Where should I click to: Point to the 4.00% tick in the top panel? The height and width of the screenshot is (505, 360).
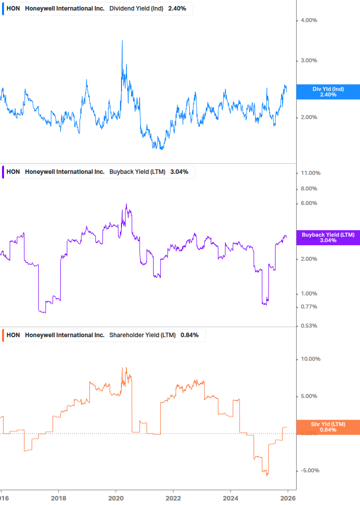(x=309, y=21)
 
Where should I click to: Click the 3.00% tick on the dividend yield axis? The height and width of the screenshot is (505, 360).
(x=309, y=61)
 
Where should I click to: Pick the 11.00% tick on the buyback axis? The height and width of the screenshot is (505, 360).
(x=310, y=173)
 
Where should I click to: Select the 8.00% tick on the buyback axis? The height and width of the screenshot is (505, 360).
(x=309, y=189)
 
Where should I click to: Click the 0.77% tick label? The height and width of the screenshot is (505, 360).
(x=309, y=307)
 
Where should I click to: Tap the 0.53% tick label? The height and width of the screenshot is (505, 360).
(x=309, y=326)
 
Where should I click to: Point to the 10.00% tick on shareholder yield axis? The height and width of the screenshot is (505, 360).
(x=310, y=359)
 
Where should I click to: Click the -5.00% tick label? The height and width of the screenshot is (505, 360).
(x=310, y=471)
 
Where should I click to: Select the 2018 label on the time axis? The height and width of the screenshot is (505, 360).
(x=59, y=497)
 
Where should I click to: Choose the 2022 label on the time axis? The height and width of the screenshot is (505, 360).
(x=173, y=497)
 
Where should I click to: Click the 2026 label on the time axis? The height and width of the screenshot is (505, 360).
(x=287, y=497)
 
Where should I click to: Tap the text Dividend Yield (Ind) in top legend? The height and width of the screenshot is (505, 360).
(x=136, y=8)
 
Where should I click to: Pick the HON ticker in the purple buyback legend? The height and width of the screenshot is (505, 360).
(x=13, y=172)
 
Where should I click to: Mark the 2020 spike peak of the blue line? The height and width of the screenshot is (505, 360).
(x=122, y=41)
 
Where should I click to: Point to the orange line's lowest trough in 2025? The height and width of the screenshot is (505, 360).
(x=267, y=475)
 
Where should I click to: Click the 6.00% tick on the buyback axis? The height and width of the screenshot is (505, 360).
(x=309, y=204)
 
